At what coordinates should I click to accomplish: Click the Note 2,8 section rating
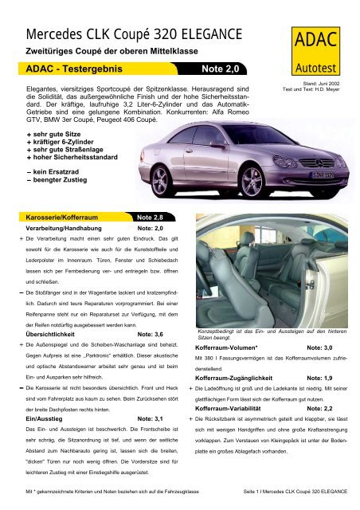tap(151, 216)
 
